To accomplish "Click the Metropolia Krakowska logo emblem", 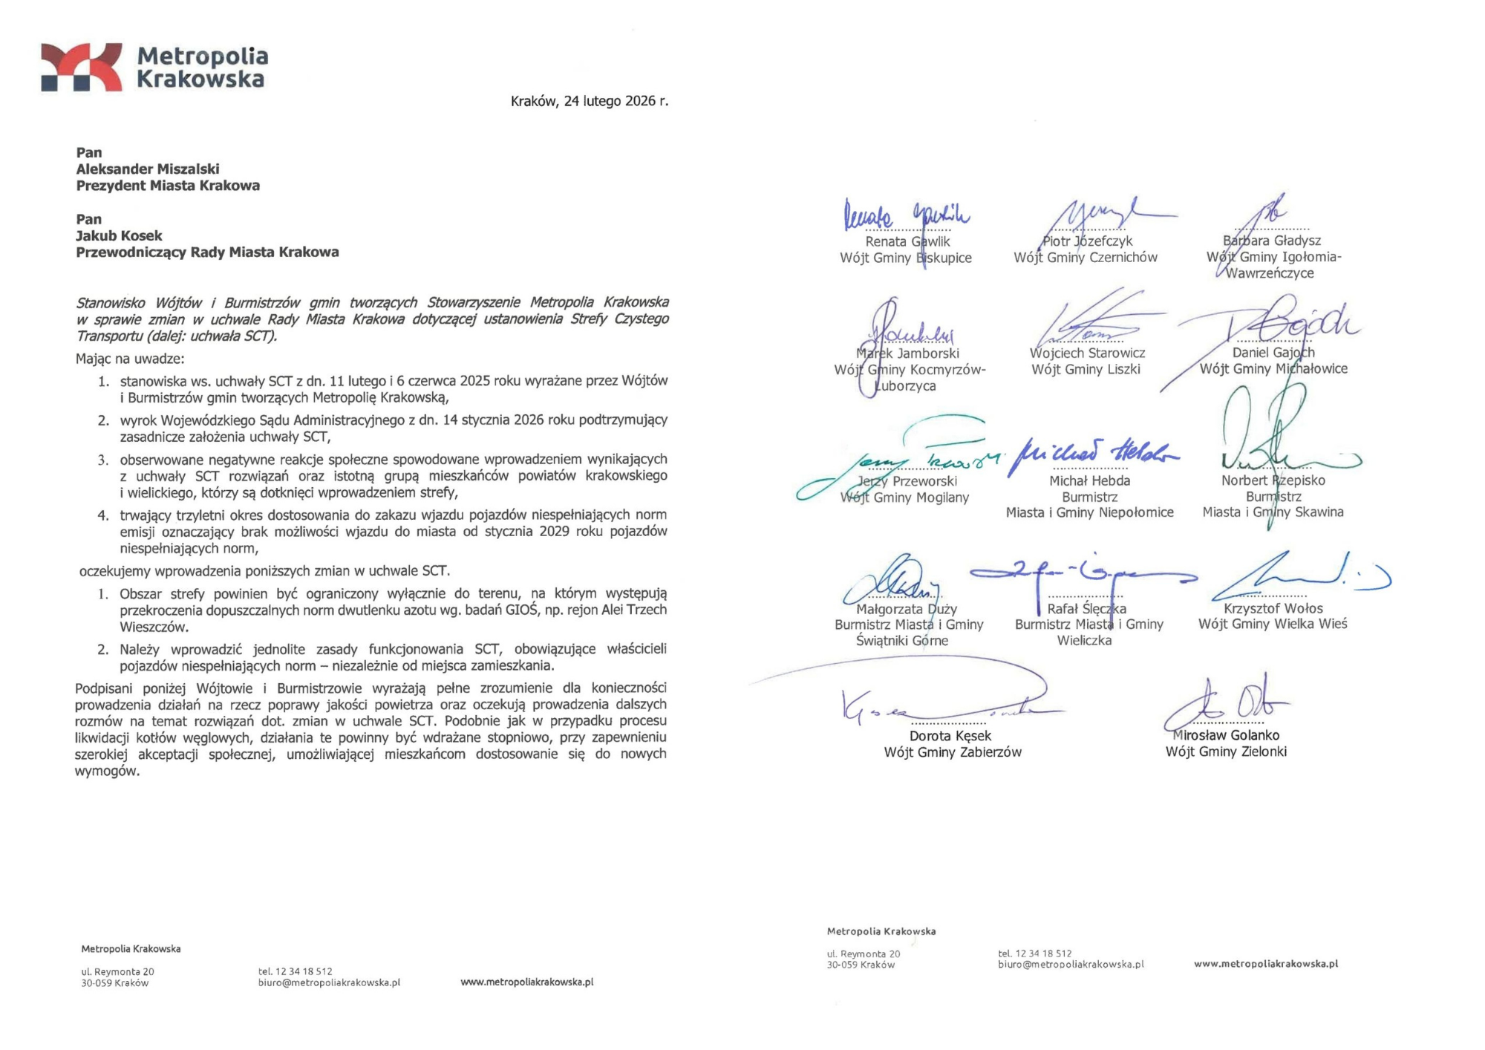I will (82, 68).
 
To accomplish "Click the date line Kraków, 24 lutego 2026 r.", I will (589, 101).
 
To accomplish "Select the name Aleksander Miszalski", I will (147, 169).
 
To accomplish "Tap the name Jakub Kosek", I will (119, 236).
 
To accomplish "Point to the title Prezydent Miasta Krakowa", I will (168, 186).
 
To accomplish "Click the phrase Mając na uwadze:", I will (130, 359).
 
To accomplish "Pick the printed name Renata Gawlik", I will (907, 241).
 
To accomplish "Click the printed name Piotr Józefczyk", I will (1087, 241).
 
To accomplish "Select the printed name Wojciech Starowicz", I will (1087, 353).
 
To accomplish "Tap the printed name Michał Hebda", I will (1089, 481).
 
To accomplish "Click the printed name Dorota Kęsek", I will (950, 736).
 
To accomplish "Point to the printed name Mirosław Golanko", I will (1226, 735).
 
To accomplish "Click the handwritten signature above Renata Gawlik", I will (906, 215).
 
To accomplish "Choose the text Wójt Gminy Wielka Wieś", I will (1272, 625).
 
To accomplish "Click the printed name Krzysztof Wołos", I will (1273, 609).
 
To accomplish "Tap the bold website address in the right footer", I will (1265, 964).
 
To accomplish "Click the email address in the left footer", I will (329, 982).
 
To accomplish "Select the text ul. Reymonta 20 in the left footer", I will (117, 971).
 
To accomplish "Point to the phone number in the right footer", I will (1034, 953).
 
